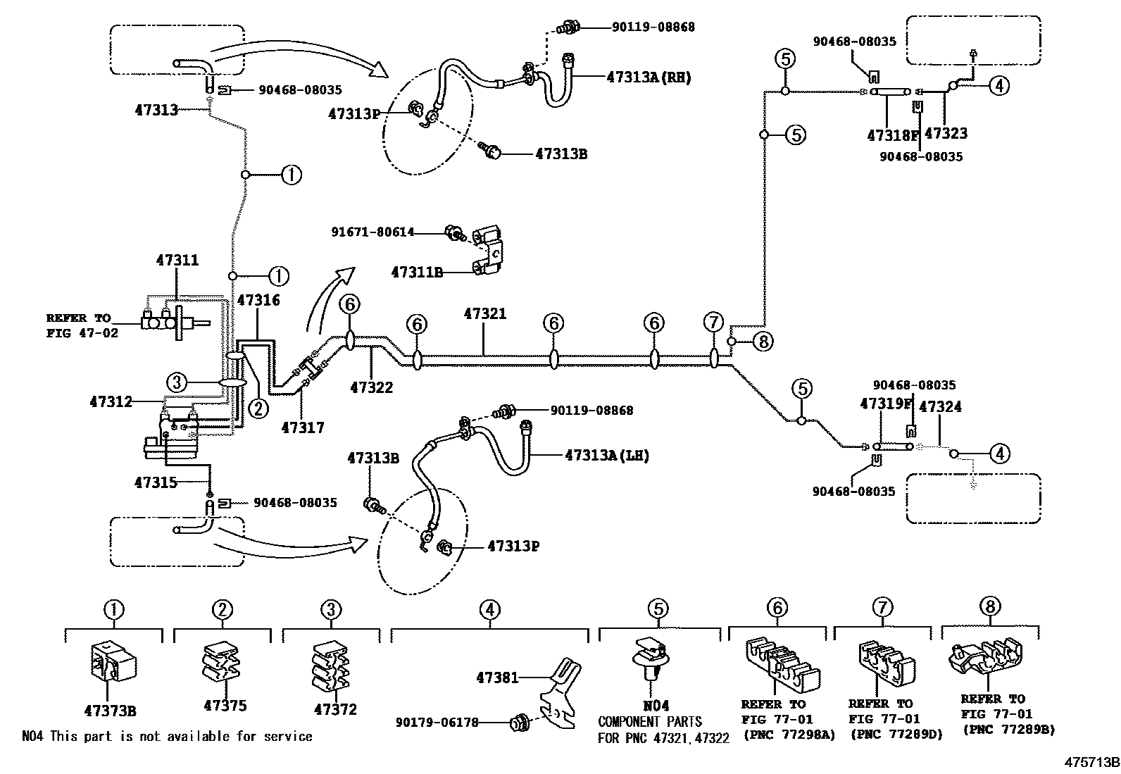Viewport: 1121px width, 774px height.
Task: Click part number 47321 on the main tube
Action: (484, 314)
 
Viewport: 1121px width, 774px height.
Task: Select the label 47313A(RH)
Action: (649, 77)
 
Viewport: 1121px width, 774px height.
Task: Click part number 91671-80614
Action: (373, 232)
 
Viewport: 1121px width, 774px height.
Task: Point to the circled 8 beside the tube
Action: (763, 342)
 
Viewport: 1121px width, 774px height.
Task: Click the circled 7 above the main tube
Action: (713, 323)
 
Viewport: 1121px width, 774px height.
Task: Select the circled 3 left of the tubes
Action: (177, 382)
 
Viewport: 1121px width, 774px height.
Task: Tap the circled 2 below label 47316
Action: (258, 407)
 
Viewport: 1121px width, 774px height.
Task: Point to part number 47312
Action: (111, 401)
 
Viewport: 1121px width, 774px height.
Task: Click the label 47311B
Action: (417, 272)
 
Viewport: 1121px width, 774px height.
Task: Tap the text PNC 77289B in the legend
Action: (1009, 730)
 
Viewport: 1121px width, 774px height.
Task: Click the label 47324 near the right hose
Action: (940, 407)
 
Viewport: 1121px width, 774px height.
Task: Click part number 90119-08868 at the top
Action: (653, 27)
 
